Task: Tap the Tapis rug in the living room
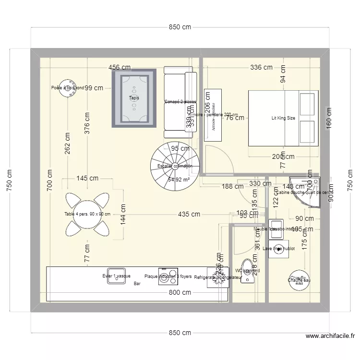134,98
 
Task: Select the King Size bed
283,118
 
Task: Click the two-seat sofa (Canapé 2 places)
180,102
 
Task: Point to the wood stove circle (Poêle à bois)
65,87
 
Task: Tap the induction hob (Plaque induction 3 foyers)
168,277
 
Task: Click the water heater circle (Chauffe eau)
299,280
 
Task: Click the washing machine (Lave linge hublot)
278,249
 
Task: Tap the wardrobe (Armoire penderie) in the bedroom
214,115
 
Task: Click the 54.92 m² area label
179,180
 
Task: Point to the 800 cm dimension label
180,292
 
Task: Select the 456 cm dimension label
120,68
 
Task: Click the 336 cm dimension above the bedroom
261,68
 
